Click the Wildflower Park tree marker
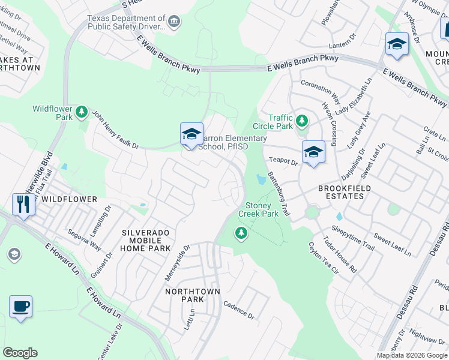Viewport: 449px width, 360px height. coord(81,112)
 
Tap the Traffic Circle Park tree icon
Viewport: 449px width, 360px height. coord(302,121)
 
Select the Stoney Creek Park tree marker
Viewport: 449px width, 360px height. coord(241,233)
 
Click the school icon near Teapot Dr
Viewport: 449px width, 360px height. coord(313,152)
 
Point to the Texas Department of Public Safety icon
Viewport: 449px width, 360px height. coord(175,22)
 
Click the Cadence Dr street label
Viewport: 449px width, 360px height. coord(239,310)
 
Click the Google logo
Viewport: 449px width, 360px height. coord(20,353)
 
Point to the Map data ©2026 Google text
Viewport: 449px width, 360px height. coord(411,355)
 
